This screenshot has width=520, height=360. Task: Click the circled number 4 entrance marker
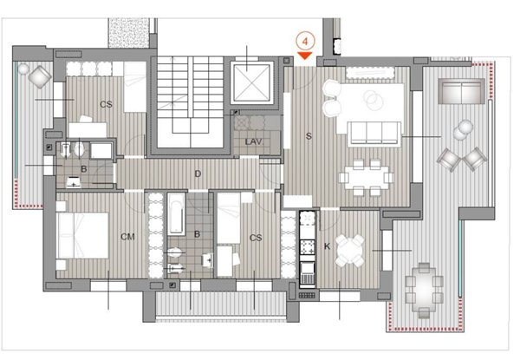[x=305, y=42]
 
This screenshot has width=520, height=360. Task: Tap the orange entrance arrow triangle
[x=305, y=56]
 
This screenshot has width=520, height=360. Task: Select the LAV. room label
[x=254, y=142]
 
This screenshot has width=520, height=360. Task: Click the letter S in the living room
[x=309, y=136]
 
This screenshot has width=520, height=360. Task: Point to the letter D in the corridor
[x=198, y=173]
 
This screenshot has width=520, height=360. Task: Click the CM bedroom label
[x=127, y=237]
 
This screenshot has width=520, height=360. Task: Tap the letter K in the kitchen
[x=327, y=246]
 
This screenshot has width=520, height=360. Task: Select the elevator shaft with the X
[x=252, y=82]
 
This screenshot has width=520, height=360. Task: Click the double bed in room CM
[x=83, y=236]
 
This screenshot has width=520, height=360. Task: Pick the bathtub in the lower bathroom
[x=176, y=214]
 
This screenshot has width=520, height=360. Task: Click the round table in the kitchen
[x=349, y=251]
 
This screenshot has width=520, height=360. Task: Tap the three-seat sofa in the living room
[x=374, y=134]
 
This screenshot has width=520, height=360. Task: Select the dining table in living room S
[x=366, y=178]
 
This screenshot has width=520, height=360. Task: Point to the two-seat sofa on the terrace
[x=462, y=91]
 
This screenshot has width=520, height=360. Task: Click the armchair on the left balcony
[x=40, y=77]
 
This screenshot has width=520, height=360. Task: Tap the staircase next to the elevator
[x=190, y=101]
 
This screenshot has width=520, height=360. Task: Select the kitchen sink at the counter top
[x=307, y=219]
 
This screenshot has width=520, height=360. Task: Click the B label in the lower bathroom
[x=197, y=234]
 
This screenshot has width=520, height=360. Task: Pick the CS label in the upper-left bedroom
[x=106, y=104]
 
